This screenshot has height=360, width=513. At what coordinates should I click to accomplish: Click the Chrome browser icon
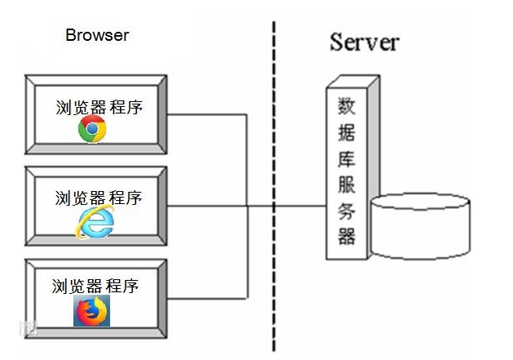click(92, 129)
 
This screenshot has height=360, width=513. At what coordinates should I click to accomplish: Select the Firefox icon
click(91, 311)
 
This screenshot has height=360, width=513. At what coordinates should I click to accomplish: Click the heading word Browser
click(97, 35)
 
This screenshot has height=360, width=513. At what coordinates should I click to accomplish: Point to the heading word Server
click(365, 42)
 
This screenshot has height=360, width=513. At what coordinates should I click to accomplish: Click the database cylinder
click(420, 225)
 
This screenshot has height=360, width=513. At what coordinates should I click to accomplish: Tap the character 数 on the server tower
click(346, 107)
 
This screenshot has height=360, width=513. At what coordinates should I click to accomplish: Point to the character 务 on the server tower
click(346, 211)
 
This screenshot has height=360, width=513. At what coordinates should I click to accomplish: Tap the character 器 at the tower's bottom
click(346, 237)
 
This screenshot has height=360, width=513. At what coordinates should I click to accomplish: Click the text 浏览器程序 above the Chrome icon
click(99, 107)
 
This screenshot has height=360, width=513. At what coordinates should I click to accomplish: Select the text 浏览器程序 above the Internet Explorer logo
click(98, 198)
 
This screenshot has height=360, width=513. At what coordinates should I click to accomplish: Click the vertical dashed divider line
click(273, 163)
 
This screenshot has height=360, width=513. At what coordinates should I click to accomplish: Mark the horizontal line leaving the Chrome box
click(208, 115)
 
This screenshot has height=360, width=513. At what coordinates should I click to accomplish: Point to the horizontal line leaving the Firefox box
click(208, 296)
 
